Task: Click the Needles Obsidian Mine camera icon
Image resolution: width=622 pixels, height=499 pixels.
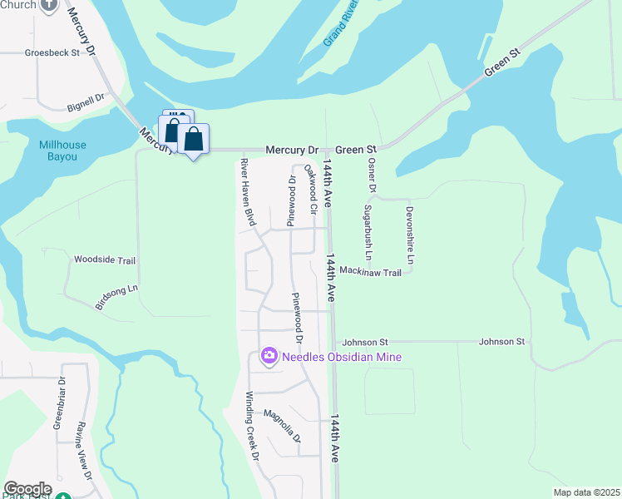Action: (x=269, y=357)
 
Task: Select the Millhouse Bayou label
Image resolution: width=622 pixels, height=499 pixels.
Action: (x=62, y=151)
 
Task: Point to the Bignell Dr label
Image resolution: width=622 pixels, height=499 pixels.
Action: (x=86, y=103)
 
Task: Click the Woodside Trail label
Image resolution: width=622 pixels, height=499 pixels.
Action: (x=105, y=259)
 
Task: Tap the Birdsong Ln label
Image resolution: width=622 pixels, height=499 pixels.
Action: (x=116, y=294)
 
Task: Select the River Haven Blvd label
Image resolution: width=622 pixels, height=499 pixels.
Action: (x=247, y=193)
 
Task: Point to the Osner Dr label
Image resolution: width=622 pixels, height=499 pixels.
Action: (x=372, y=176)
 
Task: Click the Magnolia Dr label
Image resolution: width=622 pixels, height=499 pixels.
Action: (x=281, y=425)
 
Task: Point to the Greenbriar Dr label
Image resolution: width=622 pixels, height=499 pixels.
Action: (x=59, y=408)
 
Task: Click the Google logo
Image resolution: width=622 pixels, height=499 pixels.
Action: (x=27, y=489)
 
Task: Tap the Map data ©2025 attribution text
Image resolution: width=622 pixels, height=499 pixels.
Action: (x=586, y=492)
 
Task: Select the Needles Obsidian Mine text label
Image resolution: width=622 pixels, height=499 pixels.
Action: (x=342, y=358)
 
